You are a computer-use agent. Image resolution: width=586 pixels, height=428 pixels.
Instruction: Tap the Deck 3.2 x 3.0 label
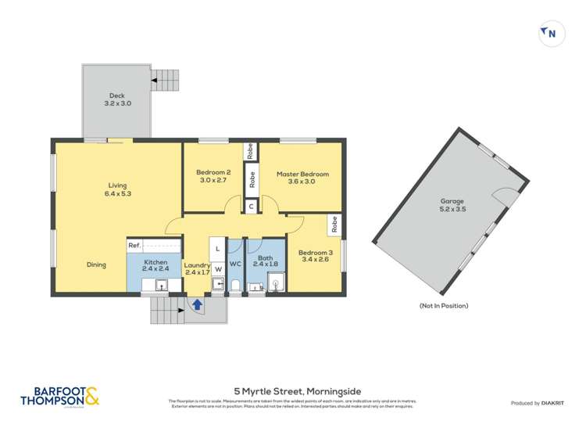pyautogui.click(x=116, y=99)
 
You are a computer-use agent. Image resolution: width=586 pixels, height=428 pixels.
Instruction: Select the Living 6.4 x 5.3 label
pyautogui.click(x=117, y=189)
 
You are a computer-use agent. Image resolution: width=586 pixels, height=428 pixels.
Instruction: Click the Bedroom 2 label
pyautogui.click(x=213, y=176)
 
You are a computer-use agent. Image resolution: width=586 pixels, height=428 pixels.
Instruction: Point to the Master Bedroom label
pyautogui.click(x=302, y=178)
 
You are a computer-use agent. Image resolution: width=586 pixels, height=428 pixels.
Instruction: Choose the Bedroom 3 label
pyautogui.click(x=314, y=257)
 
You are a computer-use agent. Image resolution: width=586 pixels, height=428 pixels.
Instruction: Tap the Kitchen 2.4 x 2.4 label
pyautogui.click(x=156, y=264)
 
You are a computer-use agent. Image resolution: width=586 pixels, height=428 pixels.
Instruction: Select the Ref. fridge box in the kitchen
pyautogui.click(x=135, y=246)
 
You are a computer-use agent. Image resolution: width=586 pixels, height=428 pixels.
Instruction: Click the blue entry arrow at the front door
pyautogui.click(x=198, y=304)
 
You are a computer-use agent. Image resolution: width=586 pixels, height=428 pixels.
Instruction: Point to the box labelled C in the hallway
pyautogui.click(x=250, y=207)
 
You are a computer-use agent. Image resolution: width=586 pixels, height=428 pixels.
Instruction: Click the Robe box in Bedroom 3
pyautogui.click(x=334, y=225)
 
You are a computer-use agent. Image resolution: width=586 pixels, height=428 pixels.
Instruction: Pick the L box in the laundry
pyautogui.click(x=218, y=248)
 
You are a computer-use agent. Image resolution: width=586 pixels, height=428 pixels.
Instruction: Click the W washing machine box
pyautogui.click(x=218, y=269)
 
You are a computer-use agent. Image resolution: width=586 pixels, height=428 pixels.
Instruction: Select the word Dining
pyautogui.click(x=96, y=264)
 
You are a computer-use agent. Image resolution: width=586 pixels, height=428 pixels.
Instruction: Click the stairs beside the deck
pyautogui.click(x=165, y=77)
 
